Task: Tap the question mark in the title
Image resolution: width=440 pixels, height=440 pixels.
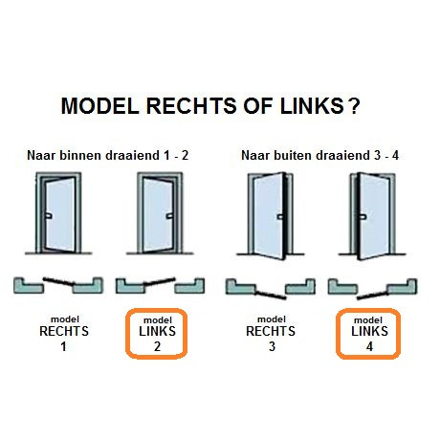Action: point(355,106)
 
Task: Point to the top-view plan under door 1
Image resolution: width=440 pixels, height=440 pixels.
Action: point(58,284)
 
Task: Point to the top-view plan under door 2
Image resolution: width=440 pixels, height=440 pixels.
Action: point(159,284)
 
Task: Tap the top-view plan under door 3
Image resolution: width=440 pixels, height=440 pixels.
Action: point(270,286)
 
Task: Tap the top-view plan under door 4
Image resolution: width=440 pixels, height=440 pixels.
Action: point(373,286)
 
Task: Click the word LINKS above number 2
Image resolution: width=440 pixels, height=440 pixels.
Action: point(159,332)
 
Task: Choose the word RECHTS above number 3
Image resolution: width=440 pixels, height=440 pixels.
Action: point(272,332)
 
